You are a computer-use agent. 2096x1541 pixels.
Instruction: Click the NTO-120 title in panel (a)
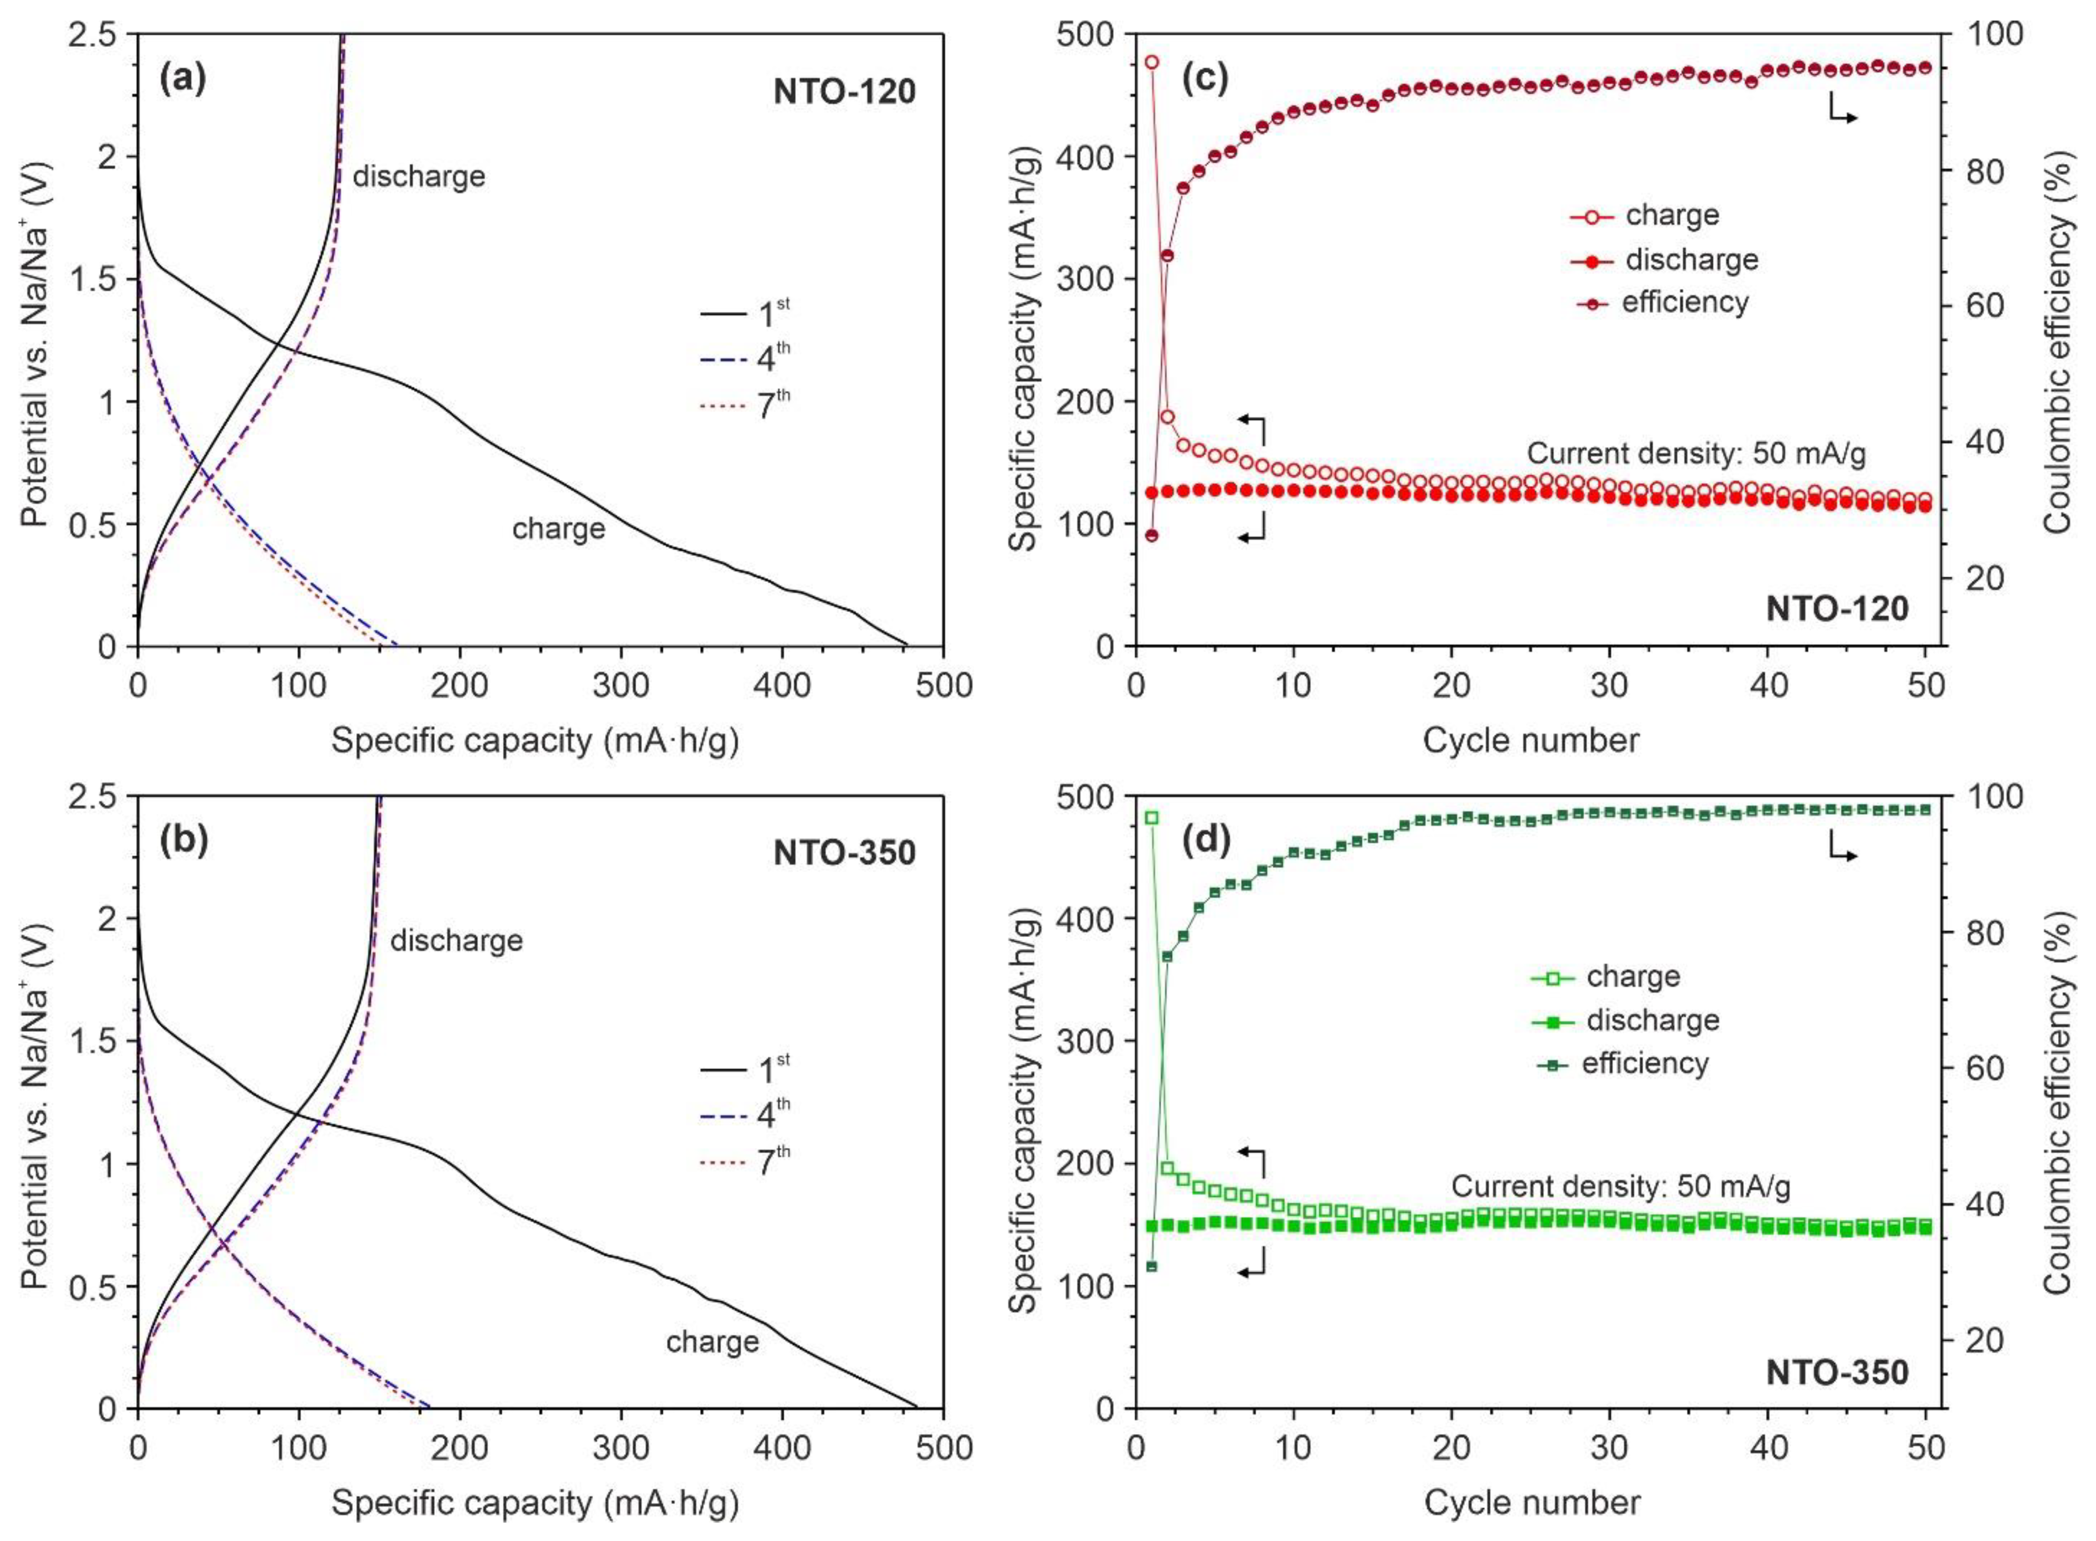(844, 91)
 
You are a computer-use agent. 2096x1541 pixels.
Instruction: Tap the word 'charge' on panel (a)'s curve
(558, 529)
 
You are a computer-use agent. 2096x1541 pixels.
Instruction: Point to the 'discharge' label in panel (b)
(456, 940)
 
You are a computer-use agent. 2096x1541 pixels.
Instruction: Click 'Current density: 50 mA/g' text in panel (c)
(1696, 453)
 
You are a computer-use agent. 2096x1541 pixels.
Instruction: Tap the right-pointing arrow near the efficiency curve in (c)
(1842, 110)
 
